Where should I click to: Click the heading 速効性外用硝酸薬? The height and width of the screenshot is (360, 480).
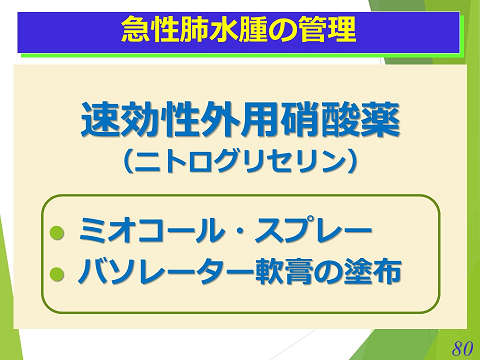pyautogui.click(x=240, y=122)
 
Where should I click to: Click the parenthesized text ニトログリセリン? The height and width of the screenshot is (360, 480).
pyautogui.click(x=240, y=161)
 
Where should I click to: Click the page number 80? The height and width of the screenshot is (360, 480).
pyautogui.click(x=461, y=348)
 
